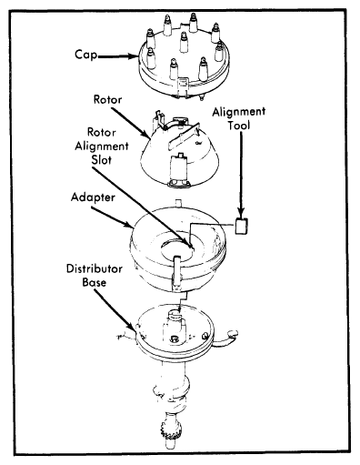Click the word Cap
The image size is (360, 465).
click(86, 55)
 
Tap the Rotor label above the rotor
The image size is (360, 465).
click(107, 99)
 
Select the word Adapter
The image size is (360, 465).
click(93, 197)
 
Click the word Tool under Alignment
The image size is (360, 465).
click(239, 126)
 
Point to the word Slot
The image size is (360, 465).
click(101, 160)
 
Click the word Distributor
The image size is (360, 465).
click(95, 268)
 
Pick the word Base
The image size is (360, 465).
click(95, 282)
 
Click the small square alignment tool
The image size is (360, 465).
click(242, 227)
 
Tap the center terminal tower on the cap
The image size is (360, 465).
click(184, 42)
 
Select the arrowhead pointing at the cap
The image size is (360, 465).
click(133, 56)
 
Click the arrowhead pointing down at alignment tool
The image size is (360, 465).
click(241, 214)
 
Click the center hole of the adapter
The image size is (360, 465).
click(176, 248)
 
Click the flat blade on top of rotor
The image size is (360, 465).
click(183, 136)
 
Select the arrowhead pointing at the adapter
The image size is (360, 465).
click(128, 225)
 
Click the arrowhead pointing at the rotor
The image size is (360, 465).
click(146, 135)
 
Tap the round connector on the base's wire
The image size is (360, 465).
click(233, 333)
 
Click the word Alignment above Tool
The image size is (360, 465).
click(239, 112)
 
